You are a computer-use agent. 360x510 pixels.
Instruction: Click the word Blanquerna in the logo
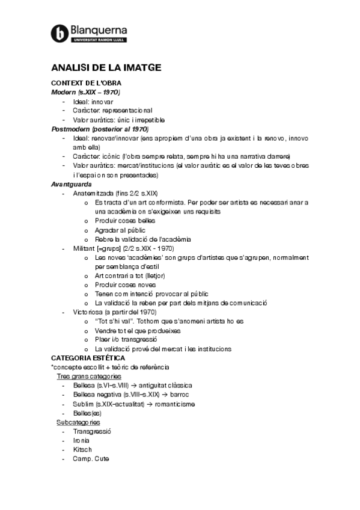(99, 29)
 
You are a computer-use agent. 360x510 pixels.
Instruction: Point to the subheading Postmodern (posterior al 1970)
(100, 129)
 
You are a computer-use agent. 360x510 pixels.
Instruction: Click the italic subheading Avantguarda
(71, 184)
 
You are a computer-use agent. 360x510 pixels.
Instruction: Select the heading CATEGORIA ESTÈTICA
(88, 358)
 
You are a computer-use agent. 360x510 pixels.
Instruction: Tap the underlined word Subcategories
(78, 422)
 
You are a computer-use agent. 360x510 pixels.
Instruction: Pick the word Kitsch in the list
(82, 449)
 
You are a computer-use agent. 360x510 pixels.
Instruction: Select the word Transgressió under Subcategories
(92, 431)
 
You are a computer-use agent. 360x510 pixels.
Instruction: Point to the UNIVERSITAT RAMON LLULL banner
(99, 40)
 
